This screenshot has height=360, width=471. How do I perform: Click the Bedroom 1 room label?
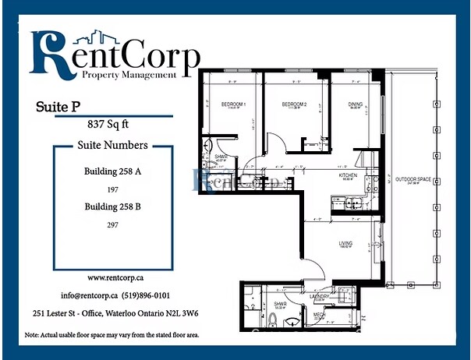(233, 104)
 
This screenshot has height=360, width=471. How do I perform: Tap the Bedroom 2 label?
(295, 104)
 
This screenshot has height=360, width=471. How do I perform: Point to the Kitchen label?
(348, 175)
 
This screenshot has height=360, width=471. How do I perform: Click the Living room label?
(345, 244)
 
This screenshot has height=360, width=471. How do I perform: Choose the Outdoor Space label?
(413, 180)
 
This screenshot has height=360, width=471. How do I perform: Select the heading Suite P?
(58, 105)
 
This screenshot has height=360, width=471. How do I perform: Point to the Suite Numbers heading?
(112, 145)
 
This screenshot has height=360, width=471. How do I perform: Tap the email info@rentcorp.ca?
(89, 296)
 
